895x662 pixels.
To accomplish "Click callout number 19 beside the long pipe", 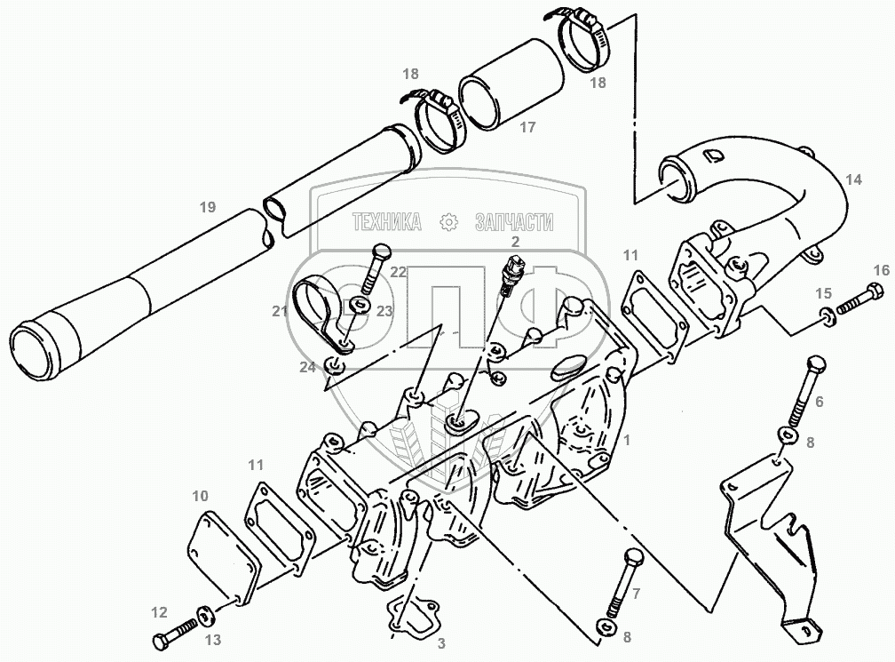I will click(207, 208).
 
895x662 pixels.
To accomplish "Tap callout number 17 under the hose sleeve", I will click(527, 127).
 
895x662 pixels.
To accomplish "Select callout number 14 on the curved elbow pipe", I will click(853, 179).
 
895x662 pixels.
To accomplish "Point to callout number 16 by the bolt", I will click(880, 270).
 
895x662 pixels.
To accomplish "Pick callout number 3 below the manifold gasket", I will click(440, 642).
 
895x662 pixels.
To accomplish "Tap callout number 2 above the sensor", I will click(514, 240).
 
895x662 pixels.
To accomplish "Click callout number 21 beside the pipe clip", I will click(280, 310).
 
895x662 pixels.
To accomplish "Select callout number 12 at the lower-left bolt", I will click(159, 611).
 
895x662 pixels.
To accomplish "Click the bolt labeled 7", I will click(632, 578).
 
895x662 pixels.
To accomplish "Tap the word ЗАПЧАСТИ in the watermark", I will click(514, 222).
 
